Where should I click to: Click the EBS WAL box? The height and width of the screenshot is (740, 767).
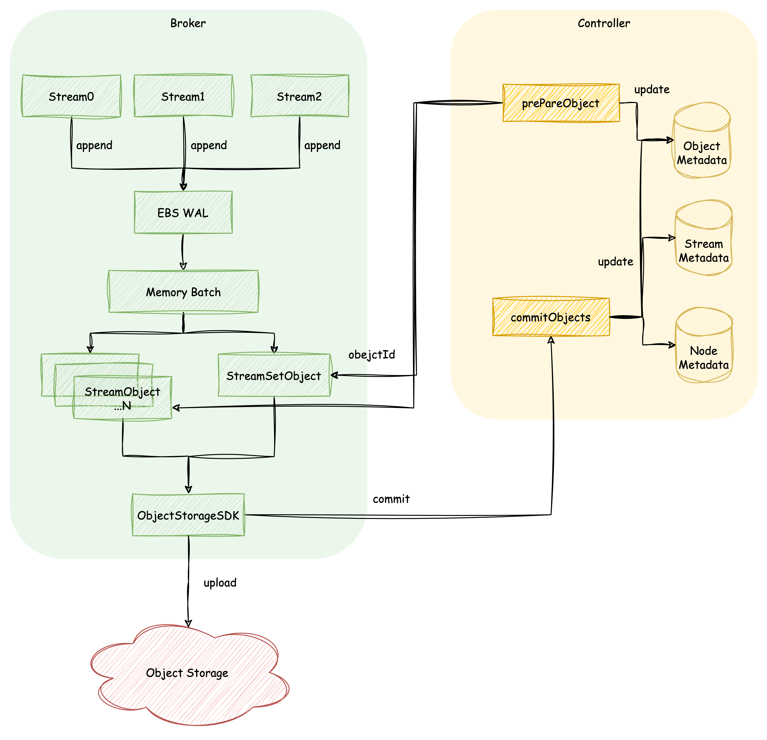pos(183,212)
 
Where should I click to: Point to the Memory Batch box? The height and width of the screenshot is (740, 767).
pos(183,292)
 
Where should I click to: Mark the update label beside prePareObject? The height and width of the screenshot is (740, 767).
pos(652,90)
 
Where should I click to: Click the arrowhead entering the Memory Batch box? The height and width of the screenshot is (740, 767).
pos(183,266)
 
